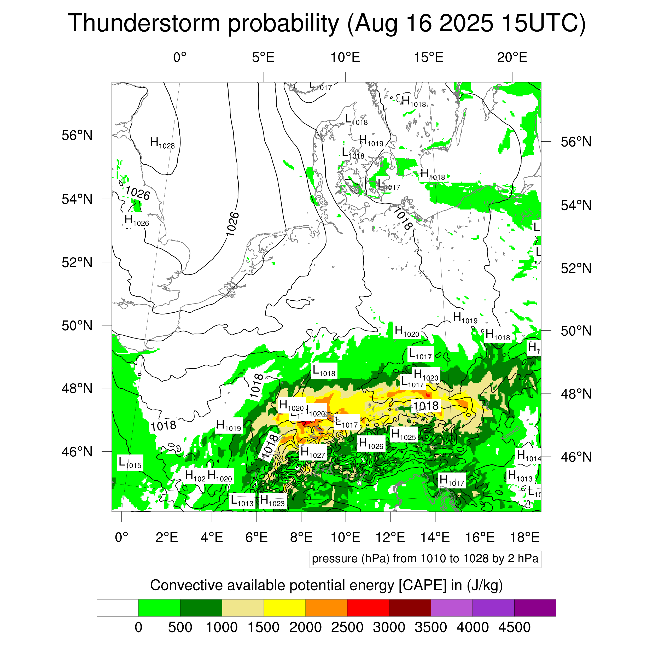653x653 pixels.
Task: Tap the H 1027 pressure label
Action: tap(313, 453)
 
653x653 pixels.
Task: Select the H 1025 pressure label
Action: tap(404, 435)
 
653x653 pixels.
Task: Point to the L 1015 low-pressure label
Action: tap(130, 463)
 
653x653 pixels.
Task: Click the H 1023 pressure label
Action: tap(272, 500)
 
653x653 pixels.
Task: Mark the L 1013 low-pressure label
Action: tap(242, 500)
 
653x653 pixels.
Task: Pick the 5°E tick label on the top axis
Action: tap(263, 57)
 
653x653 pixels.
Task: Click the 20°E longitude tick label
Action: tap(512, 57)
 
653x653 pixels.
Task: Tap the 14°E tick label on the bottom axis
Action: tap(435, 537)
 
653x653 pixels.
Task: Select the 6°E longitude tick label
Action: tap(256, 537)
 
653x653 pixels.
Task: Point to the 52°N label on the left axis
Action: tap(77, 262)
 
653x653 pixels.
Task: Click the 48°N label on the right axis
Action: tap(576, 394)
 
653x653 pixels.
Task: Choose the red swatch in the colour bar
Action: tap(368, 608)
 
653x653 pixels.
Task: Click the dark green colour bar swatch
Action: tap(201, 608)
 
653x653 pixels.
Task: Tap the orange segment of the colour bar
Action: tap(326, 608)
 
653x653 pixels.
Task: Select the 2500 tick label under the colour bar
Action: tap(347, 627)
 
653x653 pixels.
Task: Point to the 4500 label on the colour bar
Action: tap(514, 627)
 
